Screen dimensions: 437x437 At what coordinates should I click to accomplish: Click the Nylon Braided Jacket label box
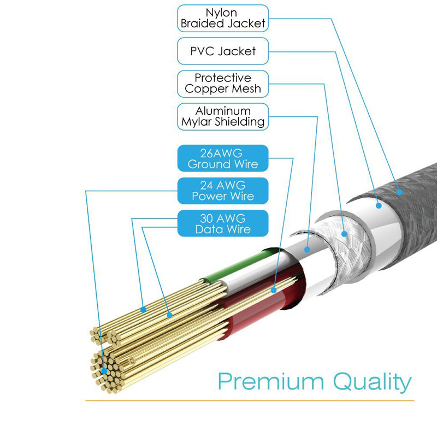click(223, 18)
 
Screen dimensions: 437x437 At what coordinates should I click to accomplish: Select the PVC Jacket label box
click(223, 51)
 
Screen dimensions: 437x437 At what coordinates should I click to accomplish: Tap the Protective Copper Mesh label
click(223, 84)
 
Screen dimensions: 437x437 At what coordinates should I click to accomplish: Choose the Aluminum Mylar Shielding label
click(223, 116)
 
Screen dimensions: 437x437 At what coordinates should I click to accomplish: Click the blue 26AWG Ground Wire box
click(223, 158)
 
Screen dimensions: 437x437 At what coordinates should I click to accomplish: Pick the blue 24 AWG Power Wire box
click(223, 191)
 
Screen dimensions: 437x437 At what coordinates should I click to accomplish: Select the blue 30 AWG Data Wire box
click(223, 223)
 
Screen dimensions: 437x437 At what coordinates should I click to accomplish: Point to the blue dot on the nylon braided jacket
click(399, 192)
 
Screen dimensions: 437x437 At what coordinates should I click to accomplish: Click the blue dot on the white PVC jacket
click(379, 206)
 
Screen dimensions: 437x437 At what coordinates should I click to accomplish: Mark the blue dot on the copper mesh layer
click(345, 234)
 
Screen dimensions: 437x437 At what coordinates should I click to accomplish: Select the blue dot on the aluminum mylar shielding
click(308, 249)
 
